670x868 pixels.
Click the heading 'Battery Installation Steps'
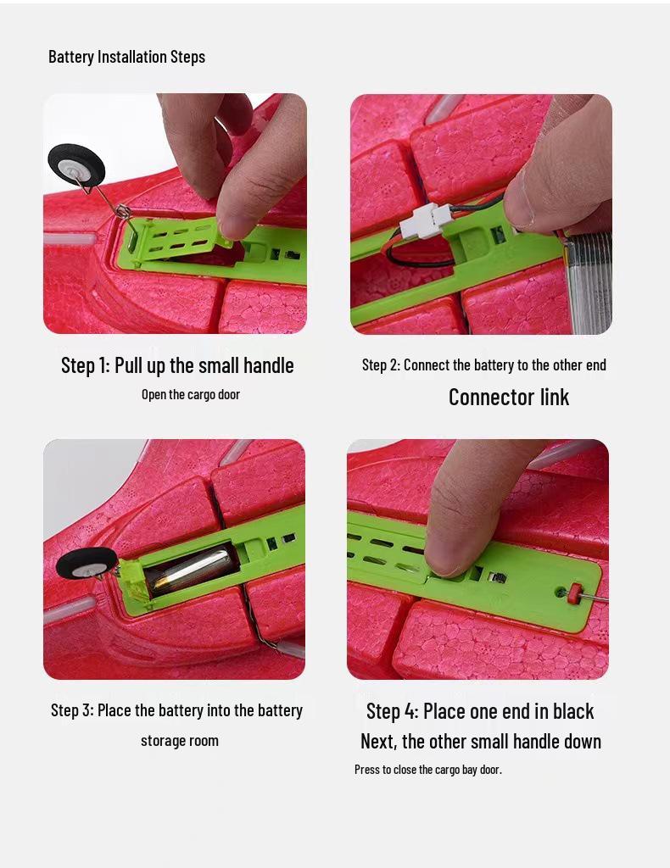[x=127, y=57]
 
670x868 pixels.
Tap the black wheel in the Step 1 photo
[x=76, y=165]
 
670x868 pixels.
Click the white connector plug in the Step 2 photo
[x=427, y=220]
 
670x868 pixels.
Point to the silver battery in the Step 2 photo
[x=587, y=282]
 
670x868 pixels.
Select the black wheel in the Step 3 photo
[x=87, y=563]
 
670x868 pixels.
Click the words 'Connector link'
[x=509, y=397]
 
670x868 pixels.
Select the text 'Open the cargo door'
[x=191, y=395]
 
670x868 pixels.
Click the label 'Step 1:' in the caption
[x=86, y=365]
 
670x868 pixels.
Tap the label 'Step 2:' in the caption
[x=381, y=365]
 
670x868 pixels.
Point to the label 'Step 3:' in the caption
[x=72, y=710]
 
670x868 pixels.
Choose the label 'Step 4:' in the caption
[x=392, y=711]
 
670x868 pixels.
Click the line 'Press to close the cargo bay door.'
[x=428, y=770]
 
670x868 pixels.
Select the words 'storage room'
[x=180, y=741]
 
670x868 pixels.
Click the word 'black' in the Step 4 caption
[x=567, y=711]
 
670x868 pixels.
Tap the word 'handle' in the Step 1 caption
[x=269, y=365]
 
